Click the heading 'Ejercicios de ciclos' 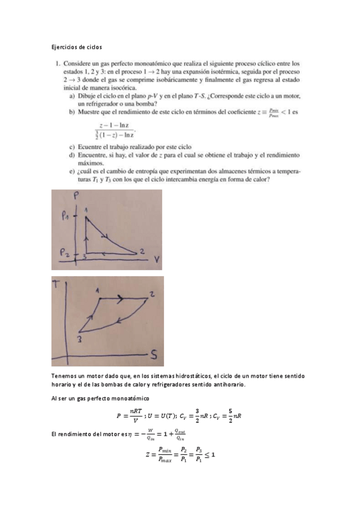tap(76, 46)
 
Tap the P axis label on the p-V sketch tap(76, 195)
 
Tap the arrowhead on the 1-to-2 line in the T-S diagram tap(120, 297)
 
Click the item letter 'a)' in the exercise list tap(72, 96)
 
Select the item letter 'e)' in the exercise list tap(72, 171)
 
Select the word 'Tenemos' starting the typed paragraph tap(64, 376)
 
